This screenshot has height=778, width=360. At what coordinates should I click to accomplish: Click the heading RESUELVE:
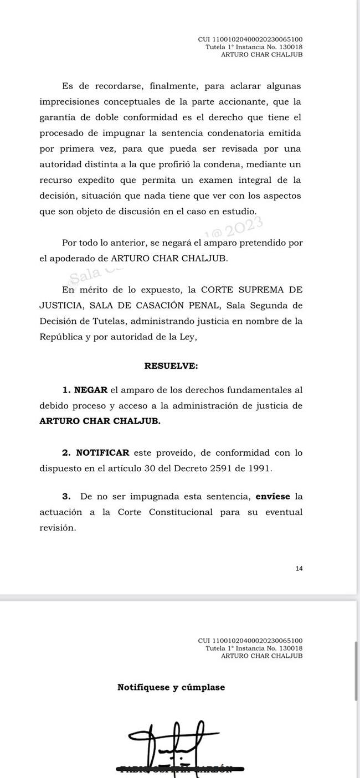click(171, 366)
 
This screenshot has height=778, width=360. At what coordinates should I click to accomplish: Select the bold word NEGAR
click(91, 390)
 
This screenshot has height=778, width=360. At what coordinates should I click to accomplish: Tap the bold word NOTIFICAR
click(102, 452)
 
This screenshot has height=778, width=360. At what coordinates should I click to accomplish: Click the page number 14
click(299, 568)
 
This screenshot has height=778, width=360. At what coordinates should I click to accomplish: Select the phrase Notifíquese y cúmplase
click(171, 687)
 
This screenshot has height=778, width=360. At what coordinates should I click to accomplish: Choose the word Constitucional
click(181, 512)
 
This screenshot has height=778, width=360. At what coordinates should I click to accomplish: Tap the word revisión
click(58, 528)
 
